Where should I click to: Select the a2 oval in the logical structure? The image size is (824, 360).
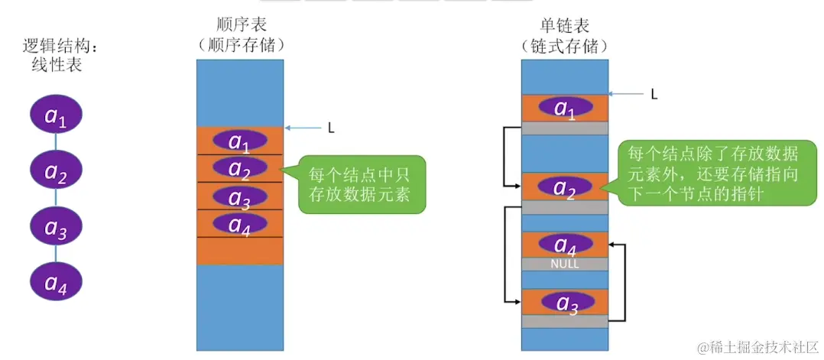(x=56, y=173)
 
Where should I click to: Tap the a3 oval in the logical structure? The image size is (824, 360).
(x=56, y=226)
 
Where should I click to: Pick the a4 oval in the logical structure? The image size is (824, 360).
(x=56, y=282)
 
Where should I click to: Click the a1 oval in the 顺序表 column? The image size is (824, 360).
(x=240, y=141)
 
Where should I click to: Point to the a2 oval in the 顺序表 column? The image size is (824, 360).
(x=240, y=168)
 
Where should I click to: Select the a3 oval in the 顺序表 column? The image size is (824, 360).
(x=240, y=197)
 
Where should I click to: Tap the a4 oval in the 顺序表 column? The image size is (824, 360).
(x=240, y=224)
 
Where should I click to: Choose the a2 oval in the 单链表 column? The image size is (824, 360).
(x=565, y=187)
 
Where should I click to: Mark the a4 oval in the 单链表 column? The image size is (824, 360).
(x=565, y=245)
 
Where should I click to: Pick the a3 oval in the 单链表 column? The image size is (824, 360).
(x=565, y=302)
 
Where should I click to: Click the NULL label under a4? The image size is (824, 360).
(x=565, y=264)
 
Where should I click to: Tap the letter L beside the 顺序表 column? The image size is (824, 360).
(x=330, y=128)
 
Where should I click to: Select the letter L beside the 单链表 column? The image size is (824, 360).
(x=654, y=94)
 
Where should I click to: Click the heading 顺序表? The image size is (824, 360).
(x=240, y=24)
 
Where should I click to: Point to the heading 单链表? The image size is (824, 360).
(x=565, y=24)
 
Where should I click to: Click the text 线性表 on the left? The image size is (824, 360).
(x=56, y=66)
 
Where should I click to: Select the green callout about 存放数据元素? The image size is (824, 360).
(x=359, y=183)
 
